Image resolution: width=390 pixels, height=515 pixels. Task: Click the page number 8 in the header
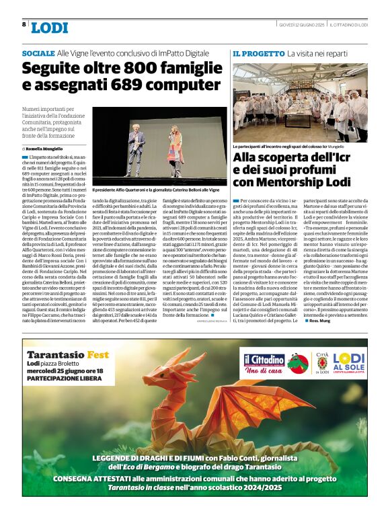24,24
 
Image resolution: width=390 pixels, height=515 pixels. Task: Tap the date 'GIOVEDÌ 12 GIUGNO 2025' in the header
302,24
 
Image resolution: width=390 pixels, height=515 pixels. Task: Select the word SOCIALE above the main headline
38,52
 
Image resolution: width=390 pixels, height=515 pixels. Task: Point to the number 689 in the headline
134,85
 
